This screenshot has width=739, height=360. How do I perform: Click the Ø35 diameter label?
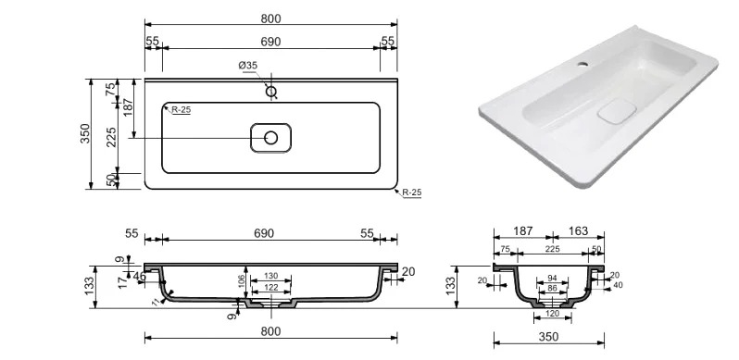tap(248, 66)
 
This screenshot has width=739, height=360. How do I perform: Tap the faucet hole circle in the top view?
tap(271, 92)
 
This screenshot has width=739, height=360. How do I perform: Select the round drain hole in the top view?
tap(271, 138)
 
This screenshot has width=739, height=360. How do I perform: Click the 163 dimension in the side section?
tap(578, 230)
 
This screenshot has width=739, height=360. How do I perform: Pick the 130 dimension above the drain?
tap(270, 276)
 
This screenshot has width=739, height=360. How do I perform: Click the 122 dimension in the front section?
tap(270, 288)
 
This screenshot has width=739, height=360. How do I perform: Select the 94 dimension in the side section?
tap(552, 279)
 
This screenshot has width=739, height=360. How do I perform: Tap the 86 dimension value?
tap(552, 288)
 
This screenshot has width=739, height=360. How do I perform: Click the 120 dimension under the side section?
tap(552, 314)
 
